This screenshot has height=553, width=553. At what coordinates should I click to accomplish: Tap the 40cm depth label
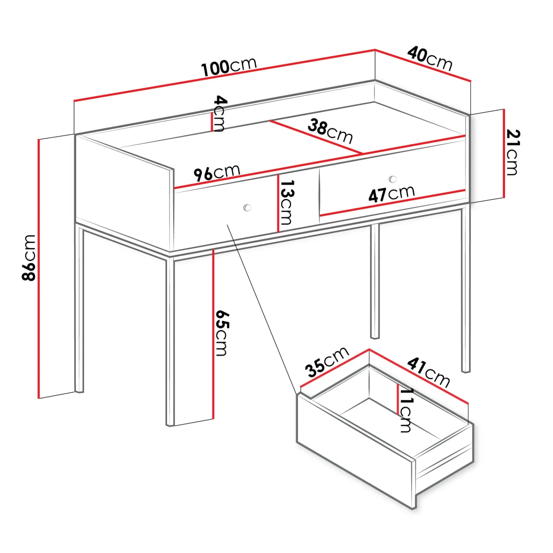[x=430, y=59]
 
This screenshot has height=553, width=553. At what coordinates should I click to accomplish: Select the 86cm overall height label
[x=29, y=257]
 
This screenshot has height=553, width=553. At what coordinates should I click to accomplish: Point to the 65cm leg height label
[x=222, y=333]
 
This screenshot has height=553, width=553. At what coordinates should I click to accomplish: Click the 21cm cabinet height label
[x=513, y=152]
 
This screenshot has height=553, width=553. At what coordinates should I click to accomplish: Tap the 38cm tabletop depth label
[x=330, y=131]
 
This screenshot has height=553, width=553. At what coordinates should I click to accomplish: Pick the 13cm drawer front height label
[x=287, y=202]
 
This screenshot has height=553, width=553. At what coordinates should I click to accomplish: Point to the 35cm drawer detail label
[x=327, y=362]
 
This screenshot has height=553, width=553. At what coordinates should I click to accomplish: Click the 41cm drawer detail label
[x=429, y=373]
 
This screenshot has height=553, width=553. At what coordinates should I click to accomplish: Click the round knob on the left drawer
[x=247, y=208]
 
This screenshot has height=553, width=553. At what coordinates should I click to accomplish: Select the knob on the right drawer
[x=393, y=179]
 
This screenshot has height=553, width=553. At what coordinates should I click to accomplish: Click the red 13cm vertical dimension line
[x=278, y=203]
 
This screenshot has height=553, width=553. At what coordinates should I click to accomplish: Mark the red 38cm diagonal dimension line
[x=316, y=137]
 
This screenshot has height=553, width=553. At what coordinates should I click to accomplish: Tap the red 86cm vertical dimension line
[x=39, y=269]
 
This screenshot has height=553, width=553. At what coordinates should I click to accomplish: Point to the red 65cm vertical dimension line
[x=213, y=334]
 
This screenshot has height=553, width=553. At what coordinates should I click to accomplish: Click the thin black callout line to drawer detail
[x=262, y=309]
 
